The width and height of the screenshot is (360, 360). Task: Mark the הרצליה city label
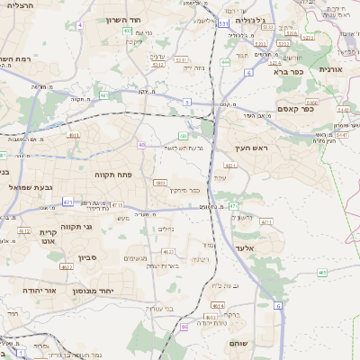tap(18, 6)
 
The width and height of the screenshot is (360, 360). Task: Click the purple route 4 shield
tap(78, 25)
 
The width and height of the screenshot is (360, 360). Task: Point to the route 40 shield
tap(141, 144)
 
